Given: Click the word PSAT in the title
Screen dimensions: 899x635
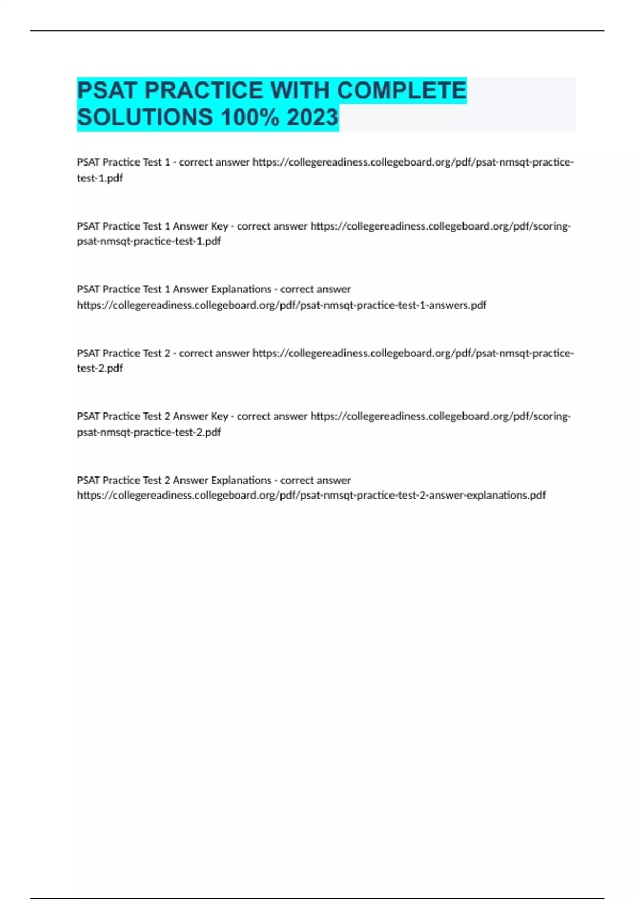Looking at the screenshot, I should (106, 91).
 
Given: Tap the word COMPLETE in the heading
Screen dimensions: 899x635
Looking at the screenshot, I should (402, 91).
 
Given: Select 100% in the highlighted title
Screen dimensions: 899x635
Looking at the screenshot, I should (250, 117).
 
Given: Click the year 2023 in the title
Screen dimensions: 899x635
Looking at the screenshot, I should (312, 117).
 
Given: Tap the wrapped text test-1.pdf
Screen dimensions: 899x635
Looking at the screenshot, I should (100, 178).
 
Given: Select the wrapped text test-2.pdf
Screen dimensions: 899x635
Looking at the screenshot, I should (100, 368).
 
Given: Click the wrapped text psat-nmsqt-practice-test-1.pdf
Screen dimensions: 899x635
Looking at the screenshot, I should (149, 241).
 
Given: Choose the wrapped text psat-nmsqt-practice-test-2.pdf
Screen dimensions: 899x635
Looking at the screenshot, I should (149, 432).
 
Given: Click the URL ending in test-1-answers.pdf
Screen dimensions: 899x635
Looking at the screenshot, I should (282, 305).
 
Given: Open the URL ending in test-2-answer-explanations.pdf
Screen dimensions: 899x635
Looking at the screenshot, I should (311, 496).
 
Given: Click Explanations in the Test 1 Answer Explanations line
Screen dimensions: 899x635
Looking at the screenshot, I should (241, 289).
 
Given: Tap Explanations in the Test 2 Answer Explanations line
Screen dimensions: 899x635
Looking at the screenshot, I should (241, 480).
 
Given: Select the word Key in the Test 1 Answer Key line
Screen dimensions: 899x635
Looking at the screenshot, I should (219, 226).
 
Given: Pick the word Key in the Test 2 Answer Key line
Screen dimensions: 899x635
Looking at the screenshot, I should (219, 417).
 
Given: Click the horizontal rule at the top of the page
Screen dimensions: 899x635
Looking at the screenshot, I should (317, 31).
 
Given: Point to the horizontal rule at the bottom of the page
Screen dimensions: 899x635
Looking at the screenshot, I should (317, 897).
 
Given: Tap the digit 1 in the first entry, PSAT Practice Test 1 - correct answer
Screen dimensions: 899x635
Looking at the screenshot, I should (167, 162).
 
